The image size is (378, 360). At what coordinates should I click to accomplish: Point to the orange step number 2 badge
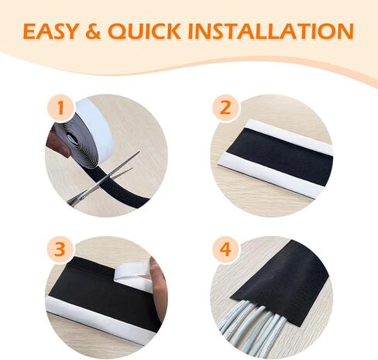pyautogui.click(x=225, y=108)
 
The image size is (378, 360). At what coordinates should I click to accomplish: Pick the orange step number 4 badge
pyautogui.click(x=225, y=249)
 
